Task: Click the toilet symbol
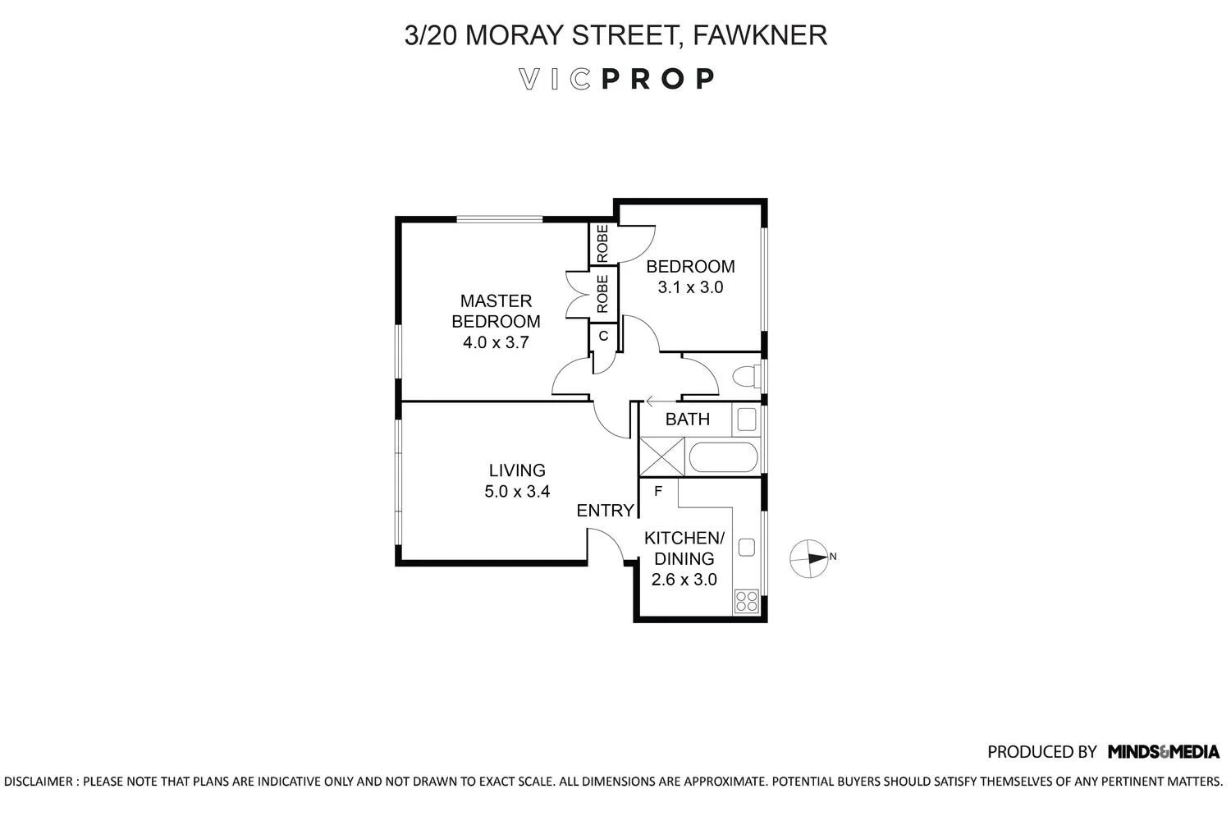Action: (x=746, y=376)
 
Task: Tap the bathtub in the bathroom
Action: (x=723, y=457)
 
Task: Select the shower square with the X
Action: (x=662, y=456)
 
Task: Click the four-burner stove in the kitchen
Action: (x=746, y=600)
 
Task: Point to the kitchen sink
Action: (x=746, y=547)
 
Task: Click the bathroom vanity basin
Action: (x=746, y=420)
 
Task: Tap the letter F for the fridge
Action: (x=658, y=491)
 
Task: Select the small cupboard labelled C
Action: (x=603, y=337)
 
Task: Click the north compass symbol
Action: (x=812, y=559)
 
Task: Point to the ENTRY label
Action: (x=605, y=511)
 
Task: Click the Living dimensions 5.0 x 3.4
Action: (x=517, y=491)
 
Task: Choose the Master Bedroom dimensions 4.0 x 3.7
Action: (x=496, y=342)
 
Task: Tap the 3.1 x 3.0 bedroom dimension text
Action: (x=690, y=287)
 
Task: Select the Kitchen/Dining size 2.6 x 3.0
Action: (x=684, y=580)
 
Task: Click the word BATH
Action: (x=688, y=420)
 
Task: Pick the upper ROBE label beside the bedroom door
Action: (x=603, y=244)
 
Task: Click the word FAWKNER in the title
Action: (x=760, y=35)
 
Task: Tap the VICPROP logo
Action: (x=616, y=79)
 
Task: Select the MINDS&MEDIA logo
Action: (x=1164, y=752)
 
